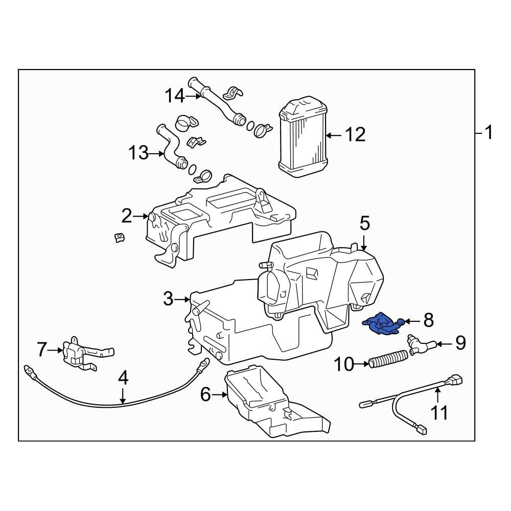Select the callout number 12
(355, 135)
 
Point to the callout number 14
(174, 96)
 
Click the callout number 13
(138, 152)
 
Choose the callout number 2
(127, 216)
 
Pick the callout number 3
(169, 298)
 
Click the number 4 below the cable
(123, 379)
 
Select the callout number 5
(364, 223)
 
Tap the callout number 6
(205, 394)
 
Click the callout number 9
(460, 343)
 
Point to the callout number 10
(344, 364)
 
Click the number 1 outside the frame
(489, 133)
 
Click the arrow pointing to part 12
(334, 135)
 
